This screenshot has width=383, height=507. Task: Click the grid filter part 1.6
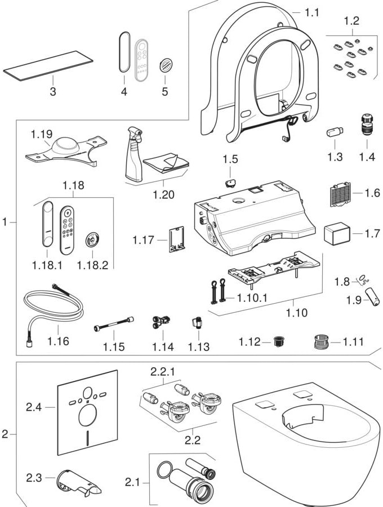(x=339, y=193)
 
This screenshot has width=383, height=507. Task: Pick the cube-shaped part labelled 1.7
(x=336, y=232)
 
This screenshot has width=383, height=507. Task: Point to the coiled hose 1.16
(x=51, y=312)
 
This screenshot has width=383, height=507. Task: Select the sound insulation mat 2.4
(x=87, y=413)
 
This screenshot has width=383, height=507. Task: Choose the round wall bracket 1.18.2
(x=90, y=241)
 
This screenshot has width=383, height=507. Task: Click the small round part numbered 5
(x=165, y=65)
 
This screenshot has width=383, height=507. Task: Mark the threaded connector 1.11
(x=320, y=341)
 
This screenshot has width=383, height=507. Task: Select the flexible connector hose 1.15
(x=114, y=326)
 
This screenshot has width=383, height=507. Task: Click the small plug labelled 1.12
(x=277, y=341)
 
